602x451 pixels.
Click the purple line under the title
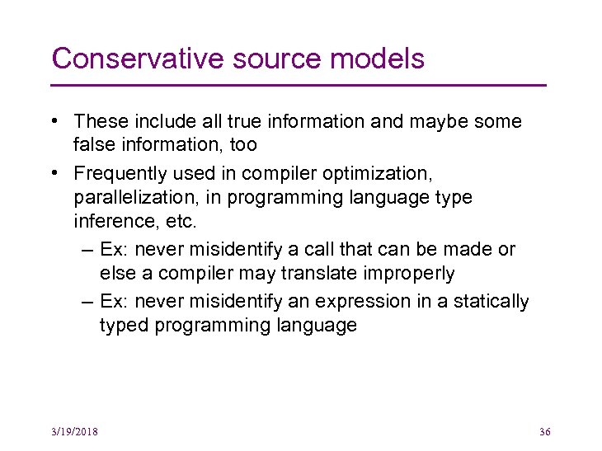click(299, 85)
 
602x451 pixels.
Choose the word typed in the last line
click(122, 326)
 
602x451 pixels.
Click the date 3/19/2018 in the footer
click(74, 432)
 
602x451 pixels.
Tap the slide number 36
click(544, 432)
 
